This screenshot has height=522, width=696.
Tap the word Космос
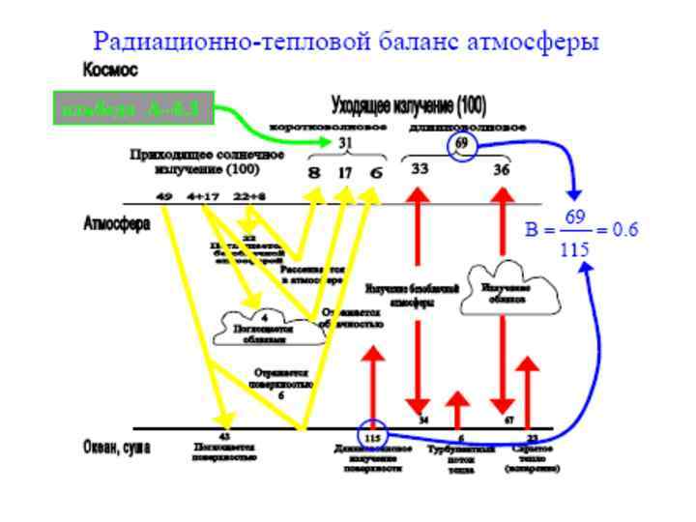pos(110,71)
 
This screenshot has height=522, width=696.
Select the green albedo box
pos(130,109)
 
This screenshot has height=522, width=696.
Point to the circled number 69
pos(462,144)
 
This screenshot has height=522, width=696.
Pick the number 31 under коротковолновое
pos(346,143)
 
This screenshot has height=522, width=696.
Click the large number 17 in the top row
pos(345,173)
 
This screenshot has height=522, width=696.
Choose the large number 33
pos(420,168)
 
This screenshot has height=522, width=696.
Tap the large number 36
pos(502,168)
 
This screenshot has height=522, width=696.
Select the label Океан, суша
pos(119,447)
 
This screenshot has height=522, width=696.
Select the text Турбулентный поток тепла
pos(461,460)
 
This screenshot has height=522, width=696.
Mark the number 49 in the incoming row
pos(164,196)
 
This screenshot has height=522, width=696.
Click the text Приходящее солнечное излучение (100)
pos(207,161)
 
